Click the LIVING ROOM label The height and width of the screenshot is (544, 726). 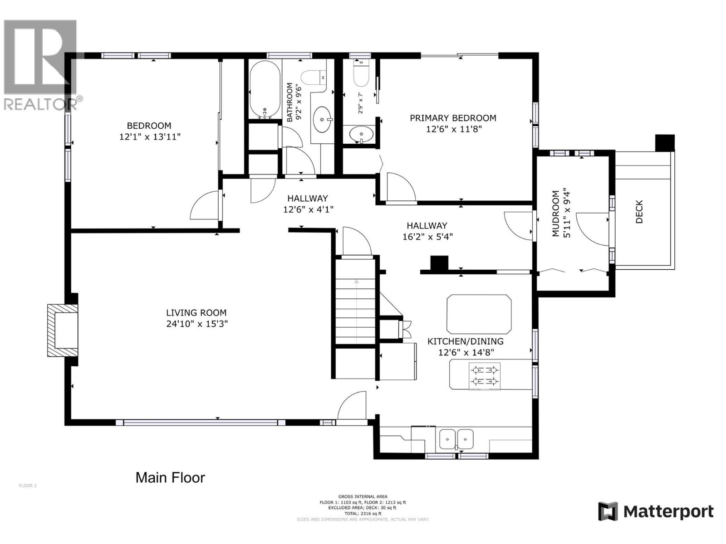click(196, 312)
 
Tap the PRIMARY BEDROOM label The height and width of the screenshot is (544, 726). click(453, 118)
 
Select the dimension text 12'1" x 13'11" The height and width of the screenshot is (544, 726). click(150, 136)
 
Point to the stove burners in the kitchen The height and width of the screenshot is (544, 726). click(484, 376)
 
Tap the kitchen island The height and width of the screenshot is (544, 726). click(479, 314)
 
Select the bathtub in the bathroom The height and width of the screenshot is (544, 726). click(265, 89)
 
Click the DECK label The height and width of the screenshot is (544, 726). click(639, 212)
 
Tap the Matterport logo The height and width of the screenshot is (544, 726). click(656, 512)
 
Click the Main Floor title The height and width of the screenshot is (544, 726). click(170, 477)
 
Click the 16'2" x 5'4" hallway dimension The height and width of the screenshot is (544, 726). click(427, 236)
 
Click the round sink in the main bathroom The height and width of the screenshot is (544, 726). click(323, 120)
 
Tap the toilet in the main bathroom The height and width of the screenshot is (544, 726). click(313, 77)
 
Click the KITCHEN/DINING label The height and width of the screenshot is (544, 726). click(466, 341)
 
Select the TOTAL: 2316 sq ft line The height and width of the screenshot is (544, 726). click(363, 514)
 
